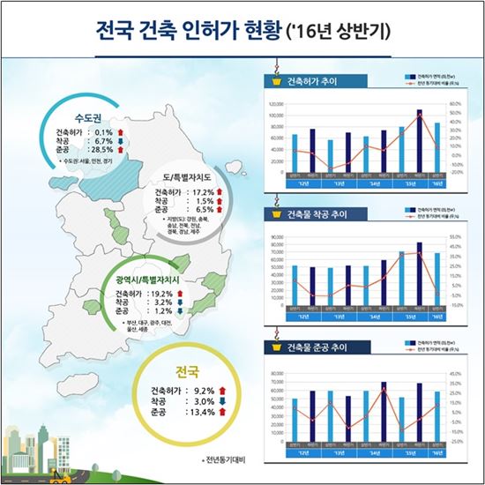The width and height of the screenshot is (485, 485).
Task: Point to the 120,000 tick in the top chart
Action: pos(275,103)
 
